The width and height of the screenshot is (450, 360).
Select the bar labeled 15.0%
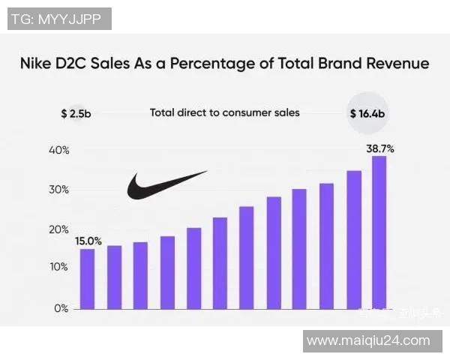pos(88,278)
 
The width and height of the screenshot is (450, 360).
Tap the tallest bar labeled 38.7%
pos(379,232)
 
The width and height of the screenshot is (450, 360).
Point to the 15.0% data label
pos(88,241)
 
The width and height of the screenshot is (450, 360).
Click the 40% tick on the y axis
pos(60,150)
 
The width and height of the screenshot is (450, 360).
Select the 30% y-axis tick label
pos(60,190)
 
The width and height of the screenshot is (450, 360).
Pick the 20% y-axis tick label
pos(60,229)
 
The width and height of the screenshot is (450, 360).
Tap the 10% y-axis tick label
pos(60,267)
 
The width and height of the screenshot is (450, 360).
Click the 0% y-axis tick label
pos(61,307)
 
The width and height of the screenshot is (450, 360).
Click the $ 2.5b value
pos(76,114)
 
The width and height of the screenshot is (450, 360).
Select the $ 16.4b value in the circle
pos(368,114)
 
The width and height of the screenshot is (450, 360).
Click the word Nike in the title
pos(42,64)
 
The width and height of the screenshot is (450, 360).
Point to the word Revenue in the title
pos(394,64)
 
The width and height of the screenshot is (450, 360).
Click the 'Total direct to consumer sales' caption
pos(224,112)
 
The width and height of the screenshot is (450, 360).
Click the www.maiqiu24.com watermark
pos(368,340)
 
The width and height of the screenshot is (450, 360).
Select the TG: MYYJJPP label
pos(60,18)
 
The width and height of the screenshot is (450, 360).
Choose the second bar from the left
pos(114,277)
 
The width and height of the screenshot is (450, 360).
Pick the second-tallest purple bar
pos(354,239)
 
